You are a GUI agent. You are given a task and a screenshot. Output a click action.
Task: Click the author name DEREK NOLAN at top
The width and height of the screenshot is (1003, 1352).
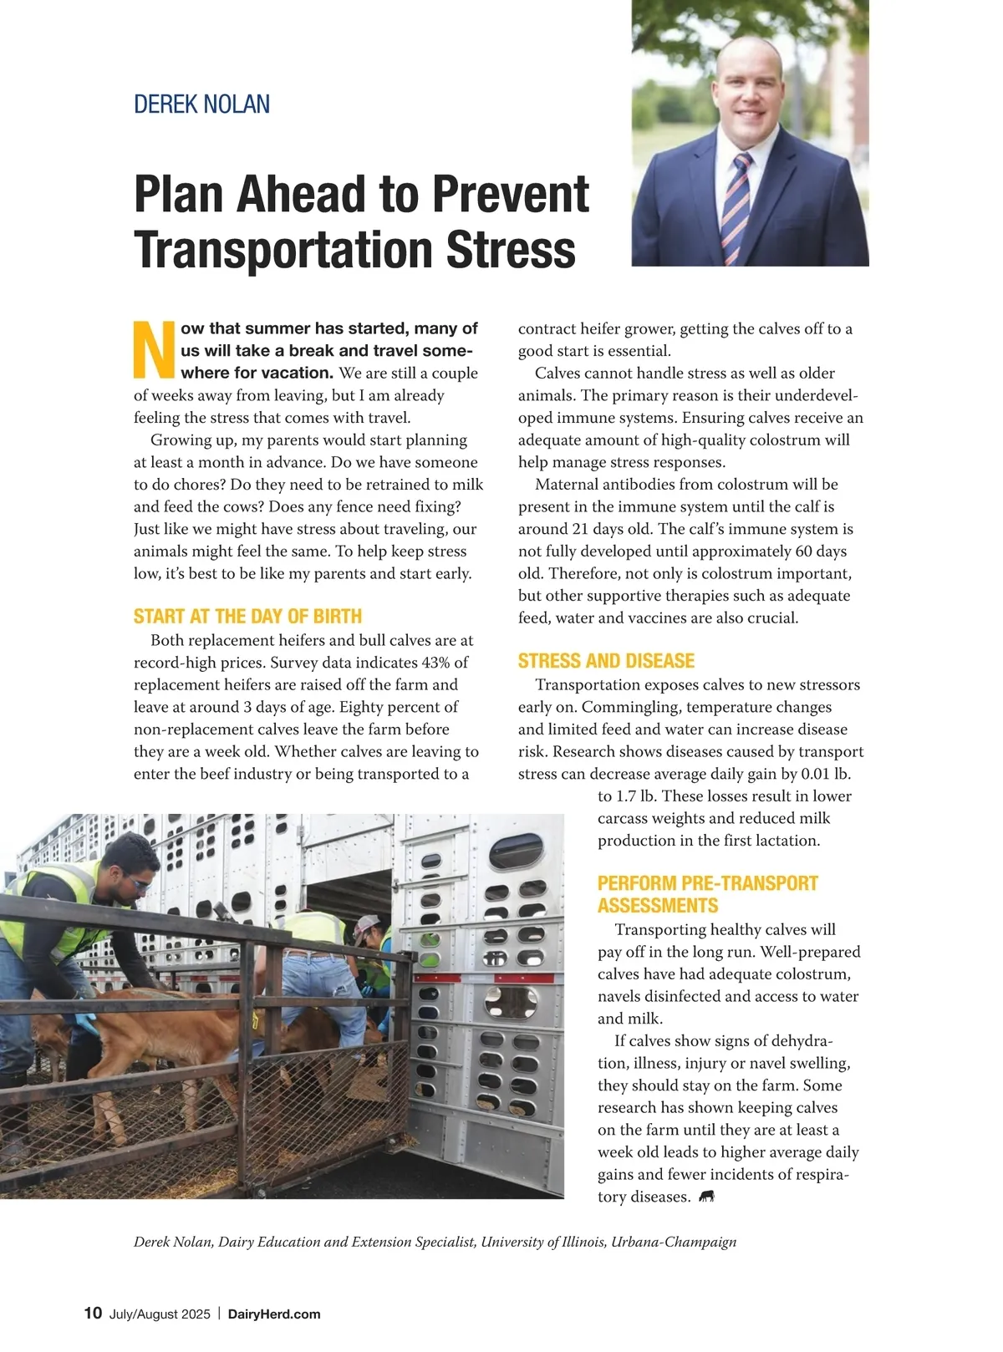click(x=201, y=104)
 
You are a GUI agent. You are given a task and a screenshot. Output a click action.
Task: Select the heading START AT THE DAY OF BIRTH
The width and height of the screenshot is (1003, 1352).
click(x=247, y=617)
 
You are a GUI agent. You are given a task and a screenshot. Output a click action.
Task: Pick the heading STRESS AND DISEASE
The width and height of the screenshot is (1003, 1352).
click(x=606, y=661)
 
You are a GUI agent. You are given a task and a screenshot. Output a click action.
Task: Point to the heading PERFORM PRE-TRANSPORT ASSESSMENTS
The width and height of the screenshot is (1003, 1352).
click(x=707, y=894)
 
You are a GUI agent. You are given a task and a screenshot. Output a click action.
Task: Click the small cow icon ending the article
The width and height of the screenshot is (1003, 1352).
click(x=707, y=1197)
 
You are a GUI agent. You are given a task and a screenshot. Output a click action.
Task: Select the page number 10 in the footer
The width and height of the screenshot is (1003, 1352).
click(x=93, y=1314)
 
